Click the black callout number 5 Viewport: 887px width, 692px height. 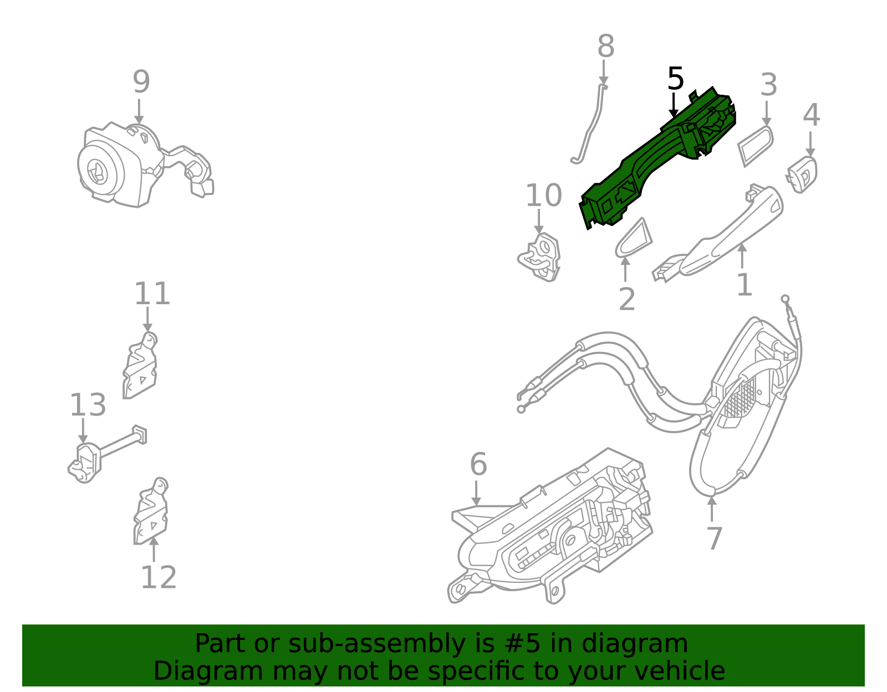pyautogui.click(x=675, y=79)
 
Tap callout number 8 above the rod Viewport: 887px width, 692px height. pyautogui.click(x=605, y=47)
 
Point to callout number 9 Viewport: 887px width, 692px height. pyautogui.click(x=141, y=82)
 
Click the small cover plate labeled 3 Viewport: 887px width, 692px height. pyautogui.click(x=755, y=145)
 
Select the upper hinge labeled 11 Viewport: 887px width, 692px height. pyautogui.click(x=140, y=367)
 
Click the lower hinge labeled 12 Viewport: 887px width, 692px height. pyautogui.click(x=151, y=512)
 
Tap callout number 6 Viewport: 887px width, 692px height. pyautogui.click(x=478, y=464)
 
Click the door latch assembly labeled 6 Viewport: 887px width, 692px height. pyautogui.click(x=560, y=532)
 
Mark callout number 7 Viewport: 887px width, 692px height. pyautogui.click(x=714, y=539)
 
